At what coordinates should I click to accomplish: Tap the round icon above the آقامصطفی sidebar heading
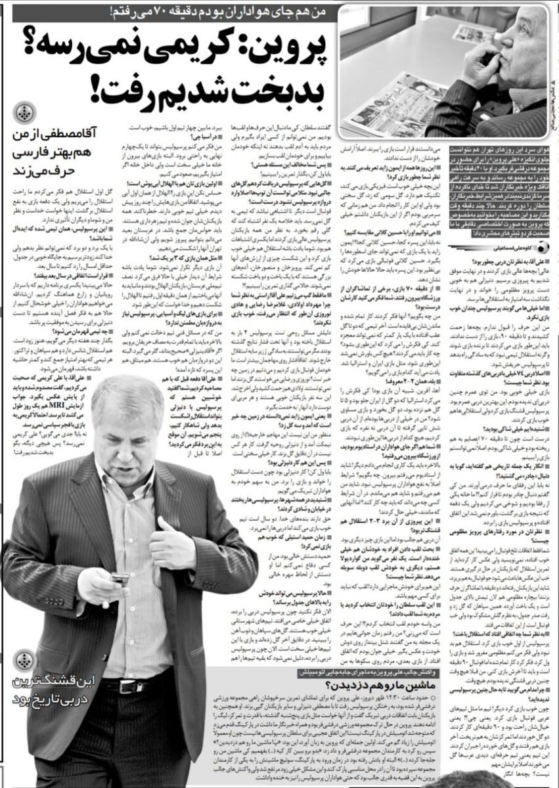tap(24, 112)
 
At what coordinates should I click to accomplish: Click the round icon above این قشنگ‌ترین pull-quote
tap(24, 659)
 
